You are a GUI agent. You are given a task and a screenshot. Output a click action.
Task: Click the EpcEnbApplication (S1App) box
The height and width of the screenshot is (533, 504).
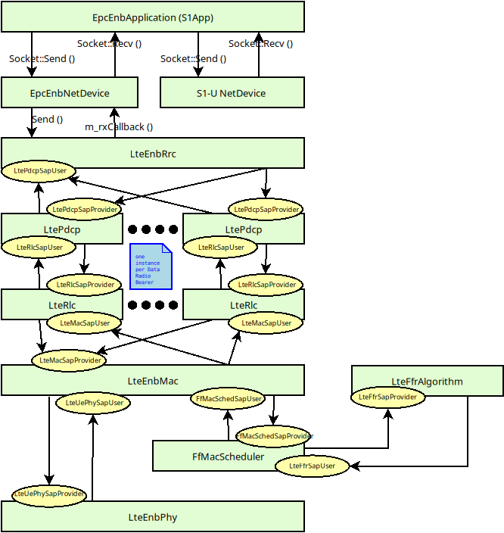pos(152,17)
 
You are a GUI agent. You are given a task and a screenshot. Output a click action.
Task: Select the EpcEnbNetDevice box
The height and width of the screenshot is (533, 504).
pos(69,93)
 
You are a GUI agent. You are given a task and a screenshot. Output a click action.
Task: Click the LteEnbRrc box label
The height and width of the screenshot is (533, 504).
pos(153,154)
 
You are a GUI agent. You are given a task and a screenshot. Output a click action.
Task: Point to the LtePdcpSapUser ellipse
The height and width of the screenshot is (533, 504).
pos(40,171)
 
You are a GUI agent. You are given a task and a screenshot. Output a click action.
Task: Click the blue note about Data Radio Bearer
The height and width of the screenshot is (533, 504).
pos(151,266)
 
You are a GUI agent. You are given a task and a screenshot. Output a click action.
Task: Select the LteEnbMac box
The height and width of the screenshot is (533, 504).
pos(152,380)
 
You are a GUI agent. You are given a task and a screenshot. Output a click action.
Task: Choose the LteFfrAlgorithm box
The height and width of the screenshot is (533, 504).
pos(427,381)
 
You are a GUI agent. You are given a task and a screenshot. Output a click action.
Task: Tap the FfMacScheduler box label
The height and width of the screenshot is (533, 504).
pos(228,457)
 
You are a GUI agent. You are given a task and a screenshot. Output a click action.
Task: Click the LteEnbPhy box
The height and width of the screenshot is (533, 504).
pos(152,517)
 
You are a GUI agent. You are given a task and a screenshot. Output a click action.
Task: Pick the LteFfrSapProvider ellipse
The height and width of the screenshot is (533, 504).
pos(387,397)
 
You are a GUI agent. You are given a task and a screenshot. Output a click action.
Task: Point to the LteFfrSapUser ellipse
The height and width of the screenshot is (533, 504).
pos(312,466)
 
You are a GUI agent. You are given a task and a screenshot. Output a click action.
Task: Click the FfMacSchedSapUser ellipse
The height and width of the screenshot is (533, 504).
pos(229,398)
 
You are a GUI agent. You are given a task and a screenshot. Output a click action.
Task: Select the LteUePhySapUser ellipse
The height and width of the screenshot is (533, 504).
pos(95,403)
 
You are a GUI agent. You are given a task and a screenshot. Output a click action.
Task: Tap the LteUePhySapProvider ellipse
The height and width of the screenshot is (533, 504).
pos(49,494)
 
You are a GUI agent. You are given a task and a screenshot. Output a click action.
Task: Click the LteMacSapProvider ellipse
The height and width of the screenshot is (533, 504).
pos(70,360)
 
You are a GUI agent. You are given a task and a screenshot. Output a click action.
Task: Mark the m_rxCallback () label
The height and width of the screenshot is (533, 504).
pos(118,127)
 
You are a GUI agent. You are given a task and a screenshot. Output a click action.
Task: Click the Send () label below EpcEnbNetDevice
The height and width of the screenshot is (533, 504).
pos(47,119)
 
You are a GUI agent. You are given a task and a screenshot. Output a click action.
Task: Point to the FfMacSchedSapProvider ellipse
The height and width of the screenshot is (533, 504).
pos(274,436)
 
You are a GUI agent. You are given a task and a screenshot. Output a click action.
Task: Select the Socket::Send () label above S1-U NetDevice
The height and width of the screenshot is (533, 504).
pos(193,58)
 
